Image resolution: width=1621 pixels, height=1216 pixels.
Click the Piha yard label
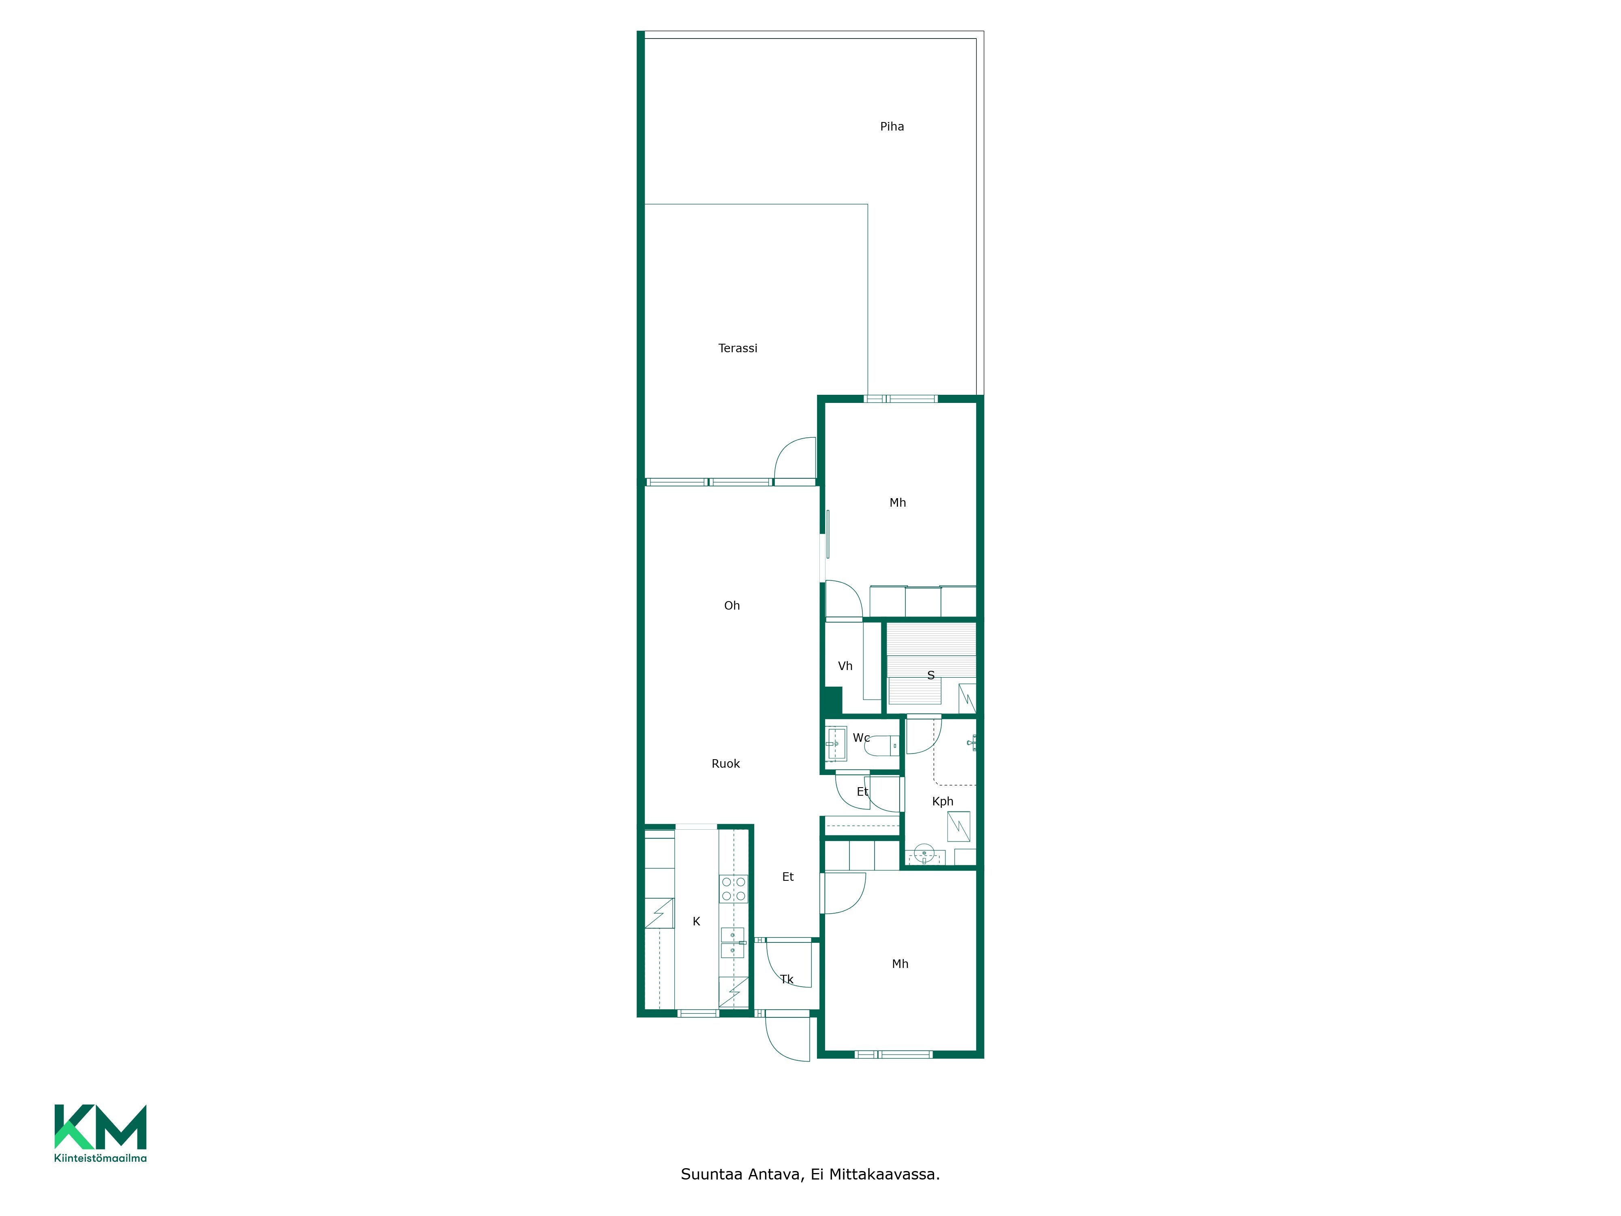892,127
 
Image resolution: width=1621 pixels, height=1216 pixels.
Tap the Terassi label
737,348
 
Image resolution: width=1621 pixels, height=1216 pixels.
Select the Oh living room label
731,606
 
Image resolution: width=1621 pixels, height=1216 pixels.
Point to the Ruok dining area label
725,764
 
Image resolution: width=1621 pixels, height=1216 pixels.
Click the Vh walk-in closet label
845,666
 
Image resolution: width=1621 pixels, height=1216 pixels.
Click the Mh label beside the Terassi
898,503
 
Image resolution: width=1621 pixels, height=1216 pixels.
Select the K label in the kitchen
696,921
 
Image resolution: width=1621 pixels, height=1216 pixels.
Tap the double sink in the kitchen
733,942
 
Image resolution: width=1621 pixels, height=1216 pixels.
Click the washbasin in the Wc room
836,744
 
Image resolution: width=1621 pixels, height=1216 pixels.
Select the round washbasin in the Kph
924,854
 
